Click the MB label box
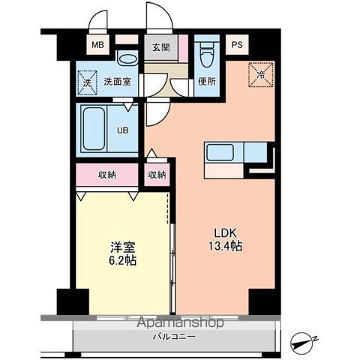click(98, 45)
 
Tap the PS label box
click(237, 45)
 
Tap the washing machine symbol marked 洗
click(86, 81)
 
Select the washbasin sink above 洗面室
click(127, 58)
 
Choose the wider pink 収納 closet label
click(106, 175)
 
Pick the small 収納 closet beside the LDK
click(157, 175)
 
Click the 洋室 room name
click(122, 247)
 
